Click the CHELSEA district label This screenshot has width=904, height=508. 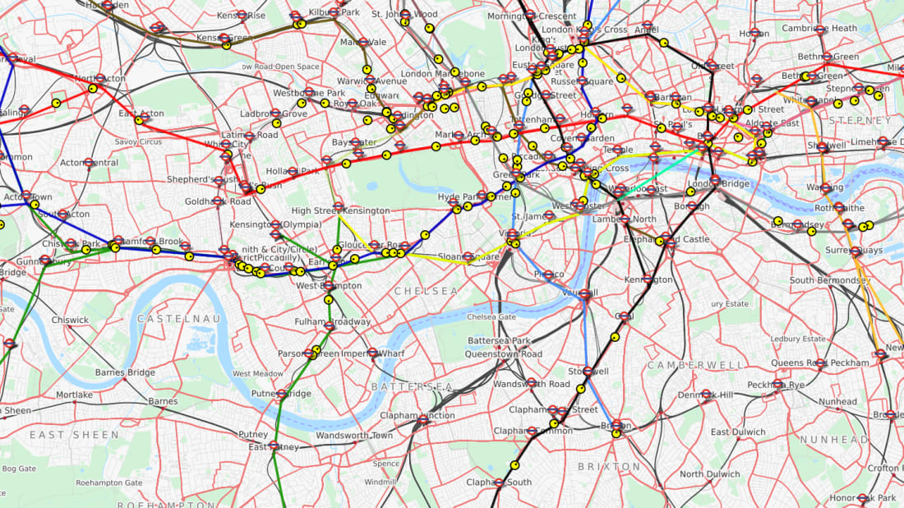point(426,292)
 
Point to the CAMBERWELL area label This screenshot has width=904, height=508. point(684,365)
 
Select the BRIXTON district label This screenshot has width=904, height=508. point(609,467)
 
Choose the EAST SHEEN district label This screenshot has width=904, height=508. point(62,434)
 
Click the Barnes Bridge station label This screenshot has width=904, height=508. point(125,372)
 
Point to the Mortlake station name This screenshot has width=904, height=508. point(74,395)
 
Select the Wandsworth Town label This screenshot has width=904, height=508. point(354,435)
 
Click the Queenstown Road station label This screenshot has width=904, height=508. point(503,354)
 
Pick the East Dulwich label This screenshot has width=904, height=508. point(737,432)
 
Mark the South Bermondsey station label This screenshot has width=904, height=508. point(829,280)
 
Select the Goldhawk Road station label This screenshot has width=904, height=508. point(218,201)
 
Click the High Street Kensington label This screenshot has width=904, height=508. point(340,211)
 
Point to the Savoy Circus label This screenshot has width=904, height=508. point(137,141)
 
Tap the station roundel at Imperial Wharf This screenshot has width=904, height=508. point(372,353)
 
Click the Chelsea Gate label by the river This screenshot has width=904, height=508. point(491,317)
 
